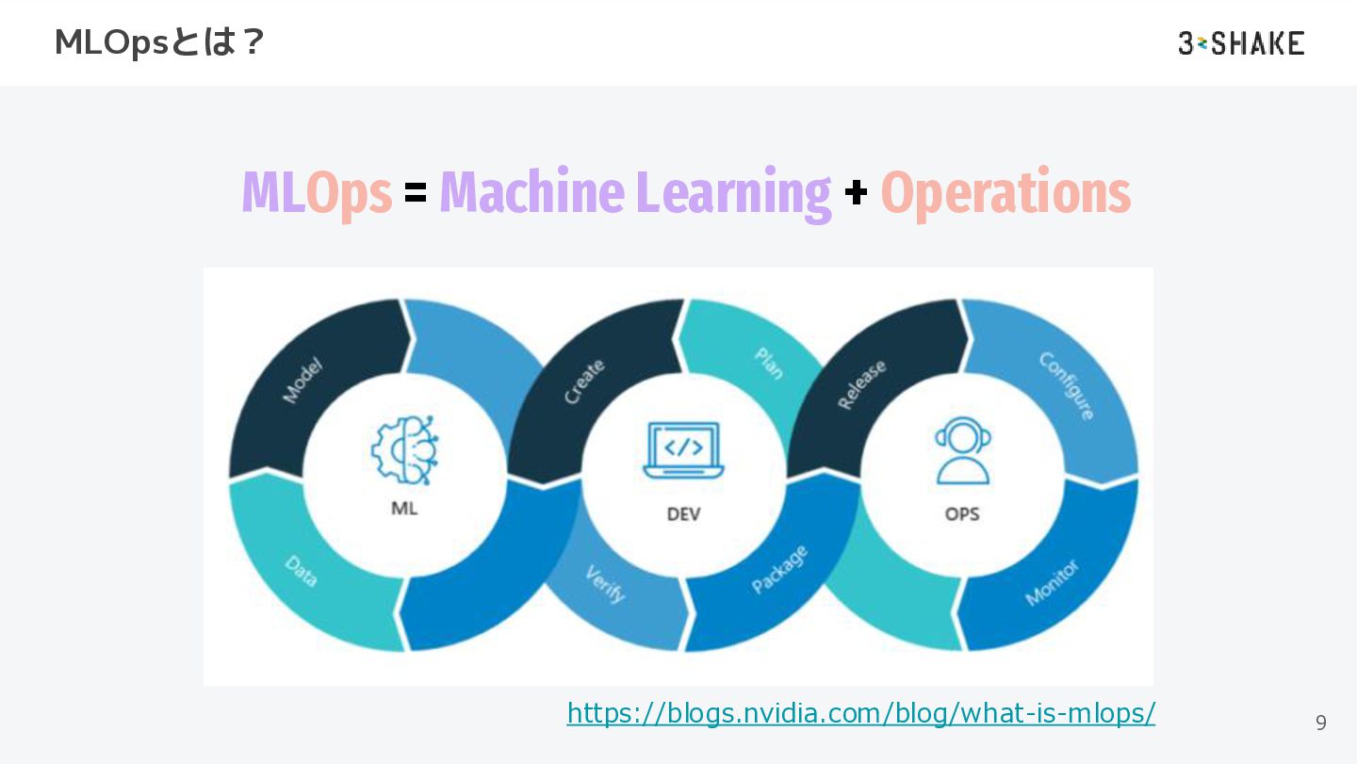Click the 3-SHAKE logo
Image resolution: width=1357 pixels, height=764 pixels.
click(1241, 42)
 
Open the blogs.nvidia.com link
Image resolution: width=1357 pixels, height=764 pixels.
click(860, 713)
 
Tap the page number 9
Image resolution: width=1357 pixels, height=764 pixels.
click(1320, 723)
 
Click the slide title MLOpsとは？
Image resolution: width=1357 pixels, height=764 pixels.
click(160, 42)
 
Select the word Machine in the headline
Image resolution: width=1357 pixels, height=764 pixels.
click(533, 192)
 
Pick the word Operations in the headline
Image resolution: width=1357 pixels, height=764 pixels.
click(1005, 194)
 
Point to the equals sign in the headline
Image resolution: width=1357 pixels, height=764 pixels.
click(416, 193)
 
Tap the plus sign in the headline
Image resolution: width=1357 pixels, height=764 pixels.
click(856, 193)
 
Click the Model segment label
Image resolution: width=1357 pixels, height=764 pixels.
click(302, 380)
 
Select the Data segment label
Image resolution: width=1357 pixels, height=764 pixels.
click(302, 572)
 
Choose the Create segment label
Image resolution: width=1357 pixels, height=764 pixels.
click(584, 381)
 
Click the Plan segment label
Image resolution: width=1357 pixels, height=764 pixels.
click(769, 363)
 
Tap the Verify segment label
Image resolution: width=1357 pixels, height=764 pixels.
click(605, 583)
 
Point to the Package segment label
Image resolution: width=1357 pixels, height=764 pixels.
click(779, 569)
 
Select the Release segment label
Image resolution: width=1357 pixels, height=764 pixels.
click(861, 384)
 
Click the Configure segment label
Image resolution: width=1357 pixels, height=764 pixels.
click(1067, 385)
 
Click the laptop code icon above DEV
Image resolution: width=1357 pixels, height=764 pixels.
click(683, 450)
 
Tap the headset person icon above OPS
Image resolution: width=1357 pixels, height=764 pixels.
click(962, 450)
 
